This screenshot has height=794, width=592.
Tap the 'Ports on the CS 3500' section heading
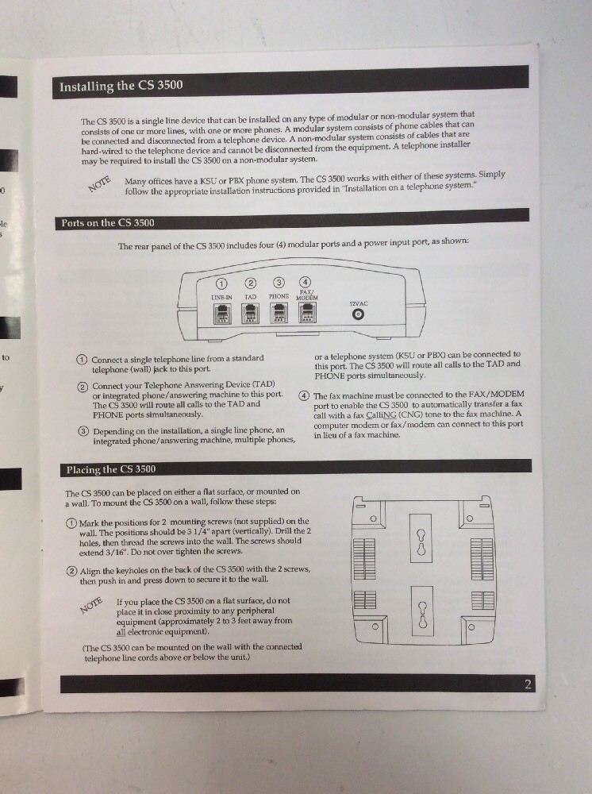coord(108,223)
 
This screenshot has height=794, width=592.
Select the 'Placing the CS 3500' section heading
coord(110,469)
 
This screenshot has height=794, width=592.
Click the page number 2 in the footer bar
coord(527,684)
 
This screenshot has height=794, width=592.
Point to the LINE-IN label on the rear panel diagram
coord(221,297)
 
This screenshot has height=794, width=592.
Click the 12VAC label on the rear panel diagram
coord(359,303)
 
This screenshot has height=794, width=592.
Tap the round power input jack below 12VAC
coord(359,315)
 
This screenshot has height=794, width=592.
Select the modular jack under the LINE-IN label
coord(222,314)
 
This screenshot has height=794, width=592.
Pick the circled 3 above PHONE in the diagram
coord(279,283)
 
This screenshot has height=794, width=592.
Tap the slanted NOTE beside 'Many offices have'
coord(100,184)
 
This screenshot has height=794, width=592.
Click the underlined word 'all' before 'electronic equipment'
coord(121,633)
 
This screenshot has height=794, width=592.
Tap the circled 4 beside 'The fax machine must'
coord(304,396)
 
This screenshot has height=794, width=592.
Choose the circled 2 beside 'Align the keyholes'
coord(71,572)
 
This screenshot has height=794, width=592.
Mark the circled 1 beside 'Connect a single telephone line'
coord(82,360)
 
